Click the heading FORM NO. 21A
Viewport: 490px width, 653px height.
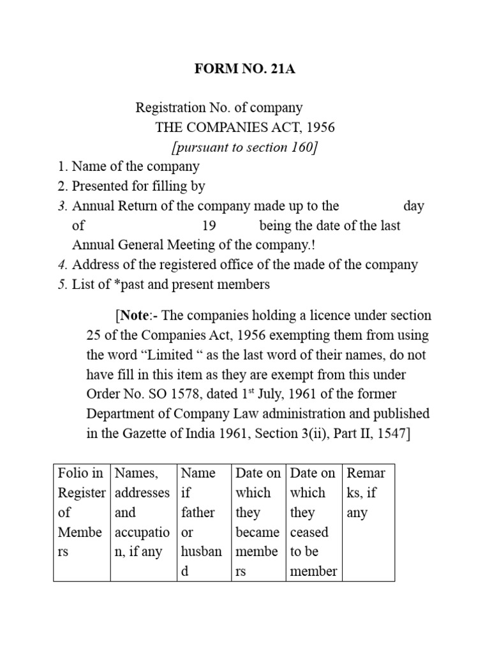(x=245, y=70)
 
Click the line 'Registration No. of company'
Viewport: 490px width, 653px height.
(x=219, y=108)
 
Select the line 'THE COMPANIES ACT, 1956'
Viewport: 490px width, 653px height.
(x=245, y=128)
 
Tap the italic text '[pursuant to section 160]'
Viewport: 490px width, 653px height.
(x=245, y=147)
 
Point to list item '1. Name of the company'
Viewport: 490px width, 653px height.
(x=128, y=167)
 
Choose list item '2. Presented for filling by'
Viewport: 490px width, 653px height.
(x=131, y=187)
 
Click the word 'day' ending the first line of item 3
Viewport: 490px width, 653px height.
(x=413, y=206)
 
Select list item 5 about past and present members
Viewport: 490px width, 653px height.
(x=163, y=284)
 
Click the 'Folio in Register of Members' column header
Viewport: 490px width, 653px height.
(x=81, y=512)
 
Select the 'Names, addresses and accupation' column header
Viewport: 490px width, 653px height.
(x=142, y=512)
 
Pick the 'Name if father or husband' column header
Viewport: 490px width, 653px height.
(x=198, y=522)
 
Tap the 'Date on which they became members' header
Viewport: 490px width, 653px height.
(x=258, y=522)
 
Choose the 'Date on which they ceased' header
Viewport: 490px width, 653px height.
(x=313, y=522)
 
